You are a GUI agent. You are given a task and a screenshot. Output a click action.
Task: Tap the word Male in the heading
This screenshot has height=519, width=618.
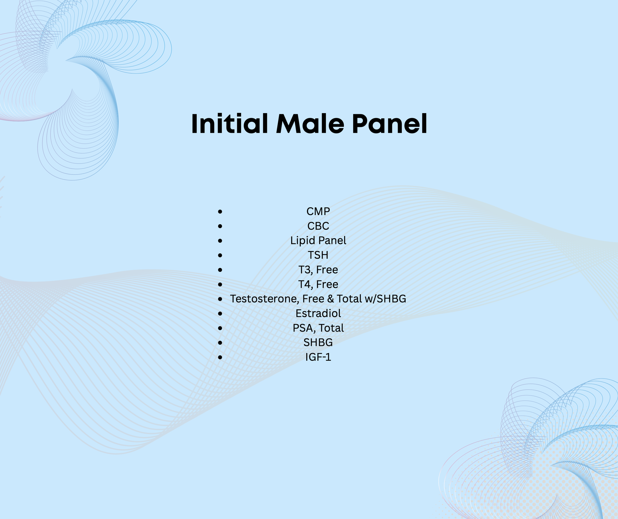[x=310, y=124]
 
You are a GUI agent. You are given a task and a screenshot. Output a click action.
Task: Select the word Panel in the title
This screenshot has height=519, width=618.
[x=389, y=124]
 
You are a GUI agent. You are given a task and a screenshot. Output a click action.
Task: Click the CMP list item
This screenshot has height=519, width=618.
[x=318, y=212]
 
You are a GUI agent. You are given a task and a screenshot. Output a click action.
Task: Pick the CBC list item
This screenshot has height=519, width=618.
[x=318, y=226]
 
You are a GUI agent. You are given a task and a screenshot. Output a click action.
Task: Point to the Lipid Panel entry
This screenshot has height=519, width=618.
[x=318, y=241]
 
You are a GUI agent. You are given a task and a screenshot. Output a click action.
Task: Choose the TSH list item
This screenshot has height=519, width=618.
[x=318, y=255]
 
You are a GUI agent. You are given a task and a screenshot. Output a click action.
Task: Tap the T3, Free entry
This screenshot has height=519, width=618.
[x=318, y=270]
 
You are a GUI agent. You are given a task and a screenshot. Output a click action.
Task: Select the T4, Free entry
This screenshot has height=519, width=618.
[x=318, y=284]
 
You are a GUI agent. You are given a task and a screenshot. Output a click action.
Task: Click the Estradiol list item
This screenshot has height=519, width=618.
[x=318, y=313]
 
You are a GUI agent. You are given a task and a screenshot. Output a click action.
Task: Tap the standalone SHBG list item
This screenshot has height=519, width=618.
[x=318, y=342]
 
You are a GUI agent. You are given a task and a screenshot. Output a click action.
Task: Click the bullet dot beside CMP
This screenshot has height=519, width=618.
[x=220, y=212]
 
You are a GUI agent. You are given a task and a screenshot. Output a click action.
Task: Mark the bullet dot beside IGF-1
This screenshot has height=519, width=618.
[x=220, y=357]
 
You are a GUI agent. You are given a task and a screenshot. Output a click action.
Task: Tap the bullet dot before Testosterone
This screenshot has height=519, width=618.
[x=220, y=299]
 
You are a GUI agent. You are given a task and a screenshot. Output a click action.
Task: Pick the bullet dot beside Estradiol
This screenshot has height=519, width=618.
[x=220, y=314]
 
